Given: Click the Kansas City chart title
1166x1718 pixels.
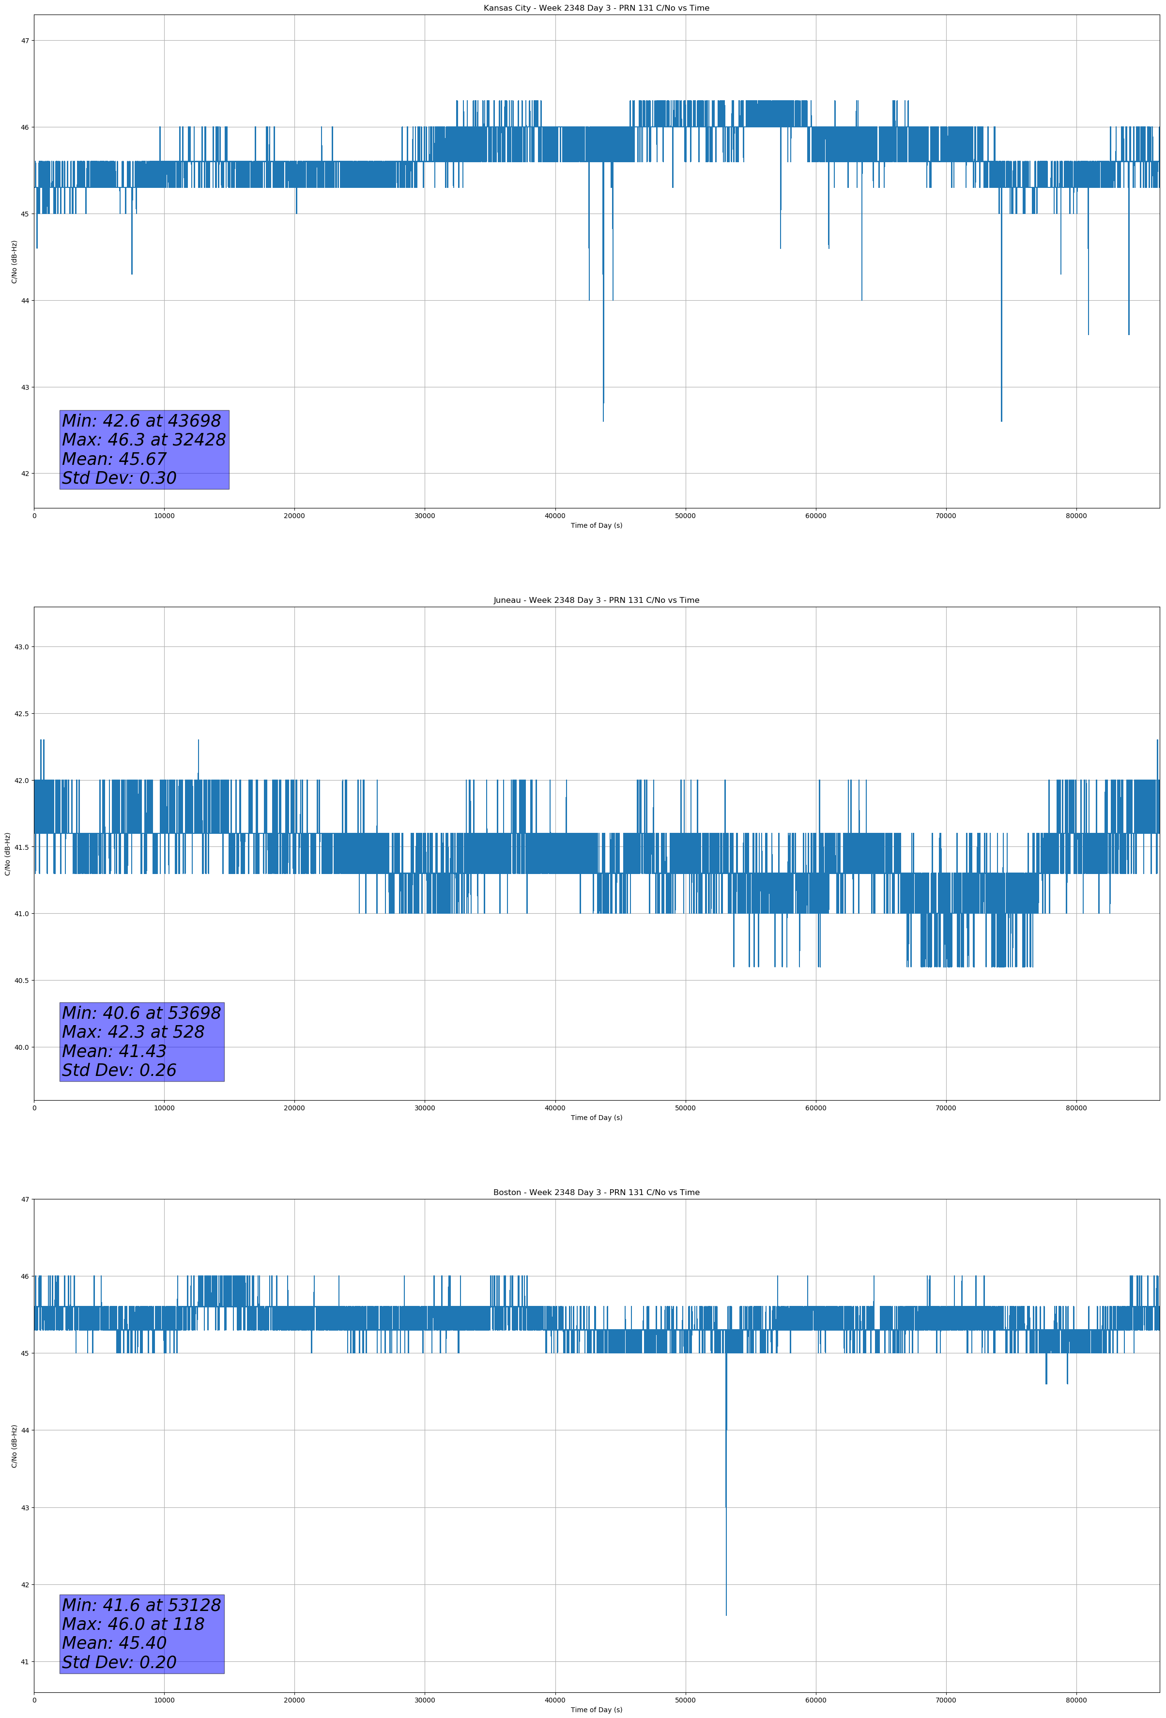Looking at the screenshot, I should click(x=596, y=8).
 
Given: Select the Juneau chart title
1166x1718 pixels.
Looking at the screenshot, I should click(x=596, y=600).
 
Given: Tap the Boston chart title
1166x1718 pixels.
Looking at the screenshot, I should click(x=596, y=1193).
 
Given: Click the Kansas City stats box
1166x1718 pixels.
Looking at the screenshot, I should click(x=144, y=449).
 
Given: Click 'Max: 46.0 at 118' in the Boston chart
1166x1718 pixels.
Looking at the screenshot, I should click(x=133, y=1624).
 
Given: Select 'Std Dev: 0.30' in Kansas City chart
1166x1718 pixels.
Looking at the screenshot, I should click(x=119, y=478).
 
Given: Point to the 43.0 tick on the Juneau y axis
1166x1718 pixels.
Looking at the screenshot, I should click(x=21, y=647).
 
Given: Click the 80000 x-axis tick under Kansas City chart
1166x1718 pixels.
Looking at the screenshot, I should click(x=1076, y=516).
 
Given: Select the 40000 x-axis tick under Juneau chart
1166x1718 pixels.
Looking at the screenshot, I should click(x=554, y=1108).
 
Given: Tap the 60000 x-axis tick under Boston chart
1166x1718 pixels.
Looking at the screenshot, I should click(x=815, y=1700).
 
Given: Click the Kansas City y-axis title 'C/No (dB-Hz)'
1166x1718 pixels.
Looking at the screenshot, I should click(x=14, y=261).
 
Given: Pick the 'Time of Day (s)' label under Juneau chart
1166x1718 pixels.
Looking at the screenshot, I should click(x=596, y=1118).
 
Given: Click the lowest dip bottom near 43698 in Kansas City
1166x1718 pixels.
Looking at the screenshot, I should click(x=603, y=421).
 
